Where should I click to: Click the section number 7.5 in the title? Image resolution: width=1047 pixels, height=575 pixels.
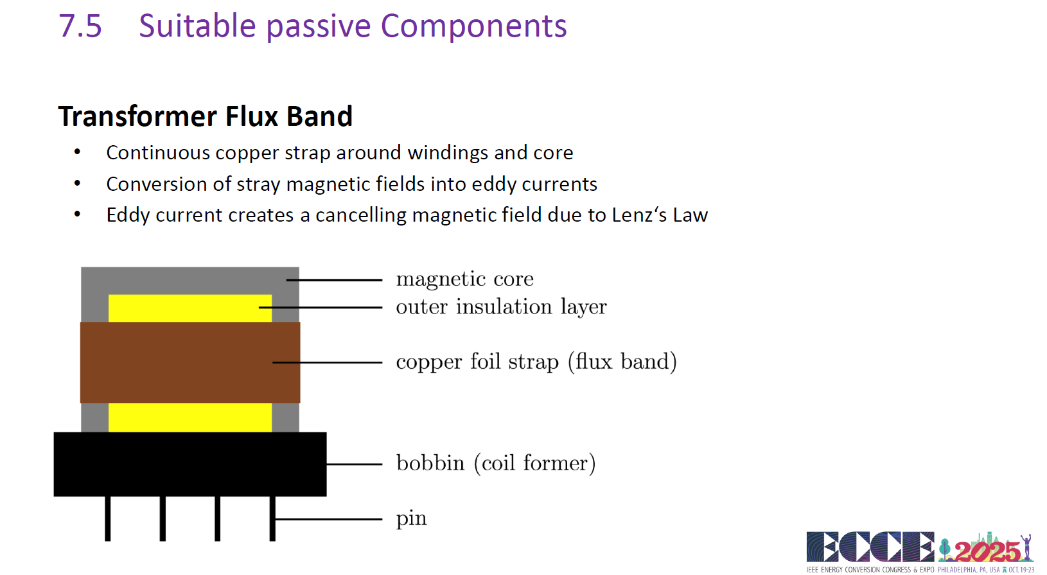pyautogui.click(x=80, y=26)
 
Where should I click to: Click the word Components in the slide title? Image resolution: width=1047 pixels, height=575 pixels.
pyautogui.click(x=473, y=26)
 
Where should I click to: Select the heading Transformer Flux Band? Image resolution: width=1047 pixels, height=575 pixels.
pyautogui.click(x=205, y=116)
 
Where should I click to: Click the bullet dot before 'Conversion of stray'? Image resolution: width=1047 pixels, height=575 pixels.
pyautogui.click(x=77, y=184)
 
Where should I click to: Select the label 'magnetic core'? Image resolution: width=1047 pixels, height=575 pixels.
pyautogui.click(x=464, y=279)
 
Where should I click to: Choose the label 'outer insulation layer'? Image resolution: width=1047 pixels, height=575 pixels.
pyautogui.click(x=501, y=306)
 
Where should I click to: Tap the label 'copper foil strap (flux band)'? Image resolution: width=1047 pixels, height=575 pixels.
pyautogui.click(x=536, y=362)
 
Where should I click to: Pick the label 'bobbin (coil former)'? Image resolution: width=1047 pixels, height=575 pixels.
pyautogui.click(x=496, y=463)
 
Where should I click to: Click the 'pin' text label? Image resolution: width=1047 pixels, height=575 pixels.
pyautogui.click(x=411, y=518)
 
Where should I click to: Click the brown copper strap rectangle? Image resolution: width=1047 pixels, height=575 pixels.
pyautogui.click(x=190, y=362)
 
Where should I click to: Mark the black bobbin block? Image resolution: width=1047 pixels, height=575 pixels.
pyautogui.click(x=190, y=464)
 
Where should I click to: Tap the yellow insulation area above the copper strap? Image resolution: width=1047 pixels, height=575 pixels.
pyautogui.click(x=190, y=308)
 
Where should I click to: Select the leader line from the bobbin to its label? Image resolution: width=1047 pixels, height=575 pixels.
pyautogui.click(x=355, y=464)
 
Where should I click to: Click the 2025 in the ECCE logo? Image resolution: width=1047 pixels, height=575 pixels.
pyautogui.click(x=987, y=551)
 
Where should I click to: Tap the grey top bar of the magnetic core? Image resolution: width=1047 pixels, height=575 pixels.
pyautogui.click(x=190, y=280)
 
